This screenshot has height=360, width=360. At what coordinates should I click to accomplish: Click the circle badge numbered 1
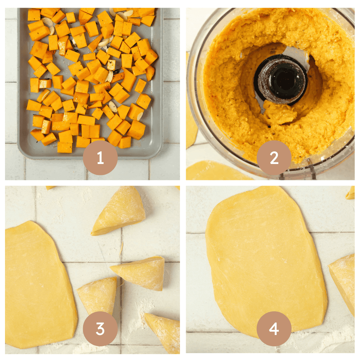tap(100, 158)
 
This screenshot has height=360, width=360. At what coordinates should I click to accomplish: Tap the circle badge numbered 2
tap(274, 158)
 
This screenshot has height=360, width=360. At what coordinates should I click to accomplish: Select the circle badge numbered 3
tap(100, 329)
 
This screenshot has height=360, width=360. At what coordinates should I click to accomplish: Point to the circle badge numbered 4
tap(274, 329)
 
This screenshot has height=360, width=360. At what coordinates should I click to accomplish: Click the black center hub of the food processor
tap(281, 79)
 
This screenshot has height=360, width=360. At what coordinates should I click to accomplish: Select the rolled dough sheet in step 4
tap(263, 253)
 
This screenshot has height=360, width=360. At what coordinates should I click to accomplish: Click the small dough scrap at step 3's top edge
tap(50, 188)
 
